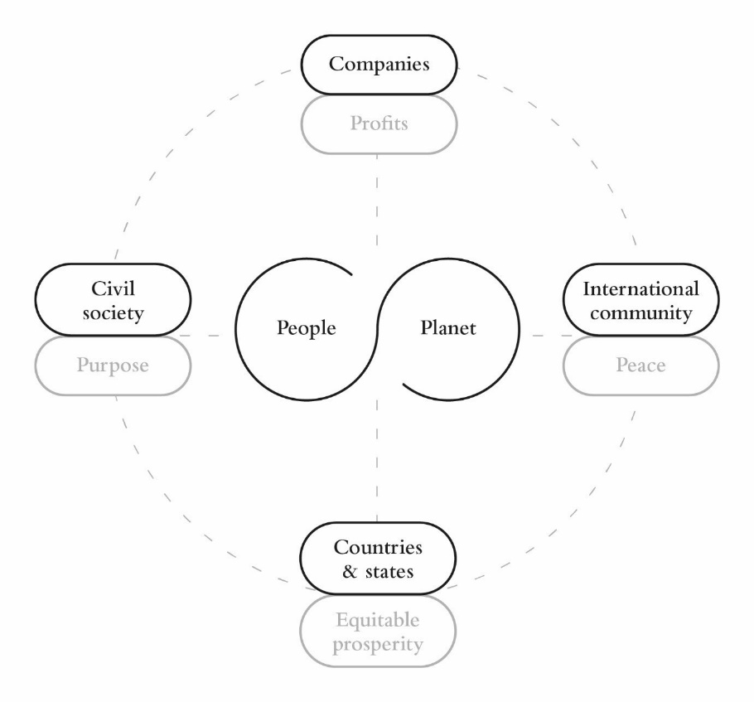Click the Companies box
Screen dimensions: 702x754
[379, 64]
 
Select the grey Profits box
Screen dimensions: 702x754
[379, 125]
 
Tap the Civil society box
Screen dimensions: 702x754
[113, 300]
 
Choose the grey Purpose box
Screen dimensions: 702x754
[113, 365]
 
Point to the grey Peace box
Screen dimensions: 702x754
[641, 365]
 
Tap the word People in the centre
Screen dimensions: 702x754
[307, 328]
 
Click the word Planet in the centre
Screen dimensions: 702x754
[445, 328]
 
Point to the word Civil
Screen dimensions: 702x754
[113, 289]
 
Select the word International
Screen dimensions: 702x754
[641, 290]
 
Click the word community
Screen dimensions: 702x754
[641, 313]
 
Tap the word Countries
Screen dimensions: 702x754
[378, 548]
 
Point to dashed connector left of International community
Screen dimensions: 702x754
[546, 335]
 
